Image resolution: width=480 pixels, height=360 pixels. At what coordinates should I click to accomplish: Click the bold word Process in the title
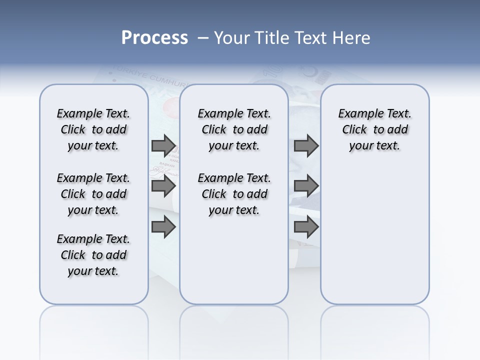point(154,38)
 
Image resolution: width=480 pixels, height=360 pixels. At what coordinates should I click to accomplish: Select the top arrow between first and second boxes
point(163,145)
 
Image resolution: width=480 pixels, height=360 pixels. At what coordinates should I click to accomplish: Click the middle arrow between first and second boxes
point(163,186)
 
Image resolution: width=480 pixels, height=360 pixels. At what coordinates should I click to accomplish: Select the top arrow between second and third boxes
point(306,145)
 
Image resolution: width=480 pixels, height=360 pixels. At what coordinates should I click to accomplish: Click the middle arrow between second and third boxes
point(306,186)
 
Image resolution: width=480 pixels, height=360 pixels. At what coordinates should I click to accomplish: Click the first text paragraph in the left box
point(93,129)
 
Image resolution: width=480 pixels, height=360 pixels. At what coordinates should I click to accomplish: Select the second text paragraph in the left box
point(93,194)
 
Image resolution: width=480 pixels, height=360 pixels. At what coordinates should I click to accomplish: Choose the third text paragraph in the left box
point(93,255)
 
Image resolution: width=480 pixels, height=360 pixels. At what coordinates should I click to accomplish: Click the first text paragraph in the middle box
point(234,129)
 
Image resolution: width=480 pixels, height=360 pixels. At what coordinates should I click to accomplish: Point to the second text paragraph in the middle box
point(234,194)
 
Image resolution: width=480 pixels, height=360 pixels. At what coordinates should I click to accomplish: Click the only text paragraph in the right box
point(374,129)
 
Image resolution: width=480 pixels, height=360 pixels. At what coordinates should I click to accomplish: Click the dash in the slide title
point(203,38)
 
